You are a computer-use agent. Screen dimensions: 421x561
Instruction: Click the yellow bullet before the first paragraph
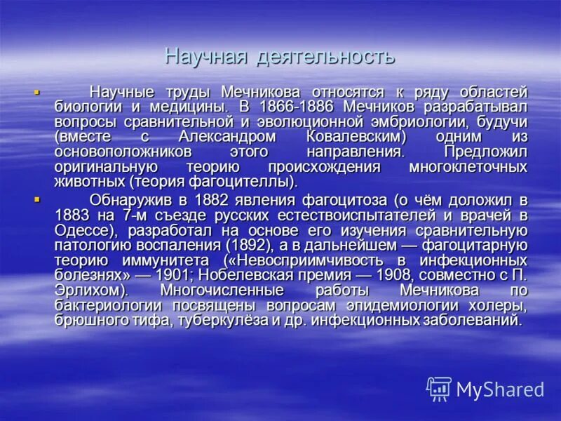37,92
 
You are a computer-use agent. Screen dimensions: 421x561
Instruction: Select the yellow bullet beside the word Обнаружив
37,200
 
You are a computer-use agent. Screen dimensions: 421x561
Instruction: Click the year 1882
209,200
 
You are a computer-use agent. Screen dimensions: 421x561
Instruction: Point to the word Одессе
81,229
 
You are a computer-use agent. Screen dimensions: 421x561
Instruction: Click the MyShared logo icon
439,389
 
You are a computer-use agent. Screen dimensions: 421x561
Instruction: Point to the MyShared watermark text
500,390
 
